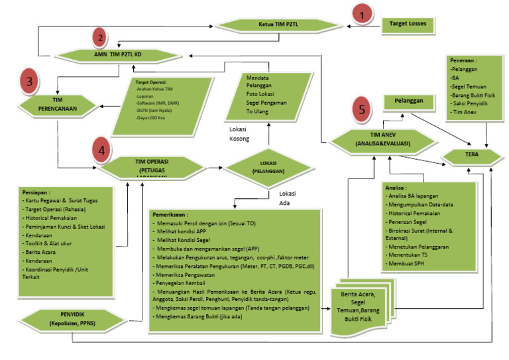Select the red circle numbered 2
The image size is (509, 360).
[x=98, y=38]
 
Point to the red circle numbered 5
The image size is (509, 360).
[x=361, y=109]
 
